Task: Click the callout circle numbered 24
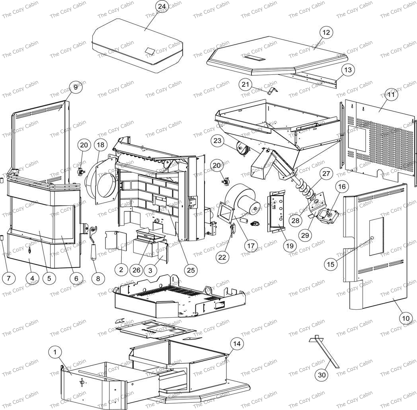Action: coord(162,7)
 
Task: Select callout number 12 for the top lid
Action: coord(326,32)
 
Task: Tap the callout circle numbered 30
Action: coord(322,375)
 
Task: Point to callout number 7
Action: coord(9,278)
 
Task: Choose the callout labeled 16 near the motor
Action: coord(342,187)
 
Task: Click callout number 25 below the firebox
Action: coord(191,270)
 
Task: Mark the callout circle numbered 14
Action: coord(237,344)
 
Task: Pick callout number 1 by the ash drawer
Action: coord(55,352)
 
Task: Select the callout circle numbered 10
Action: coord(406,318)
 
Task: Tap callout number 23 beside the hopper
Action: coord(217,140)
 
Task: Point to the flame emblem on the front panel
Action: coord(30,250)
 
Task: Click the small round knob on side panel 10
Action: coord(372,238)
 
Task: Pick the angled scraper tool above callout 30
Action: coord(324,351)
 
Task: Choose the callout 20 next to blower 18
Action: coord(84,145)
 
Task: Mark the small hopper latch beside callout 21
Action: coord(272,91)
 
